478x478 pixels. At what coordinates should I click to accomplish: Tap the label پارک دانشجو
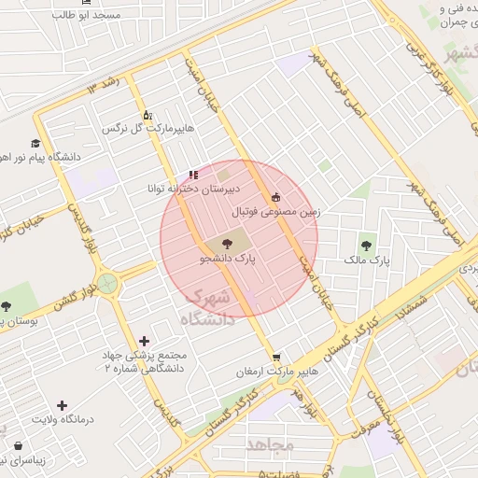click(x=228, y=254)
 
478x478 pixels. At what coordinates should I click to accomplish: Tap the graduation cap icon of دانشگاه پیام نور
click(x=35, y=144)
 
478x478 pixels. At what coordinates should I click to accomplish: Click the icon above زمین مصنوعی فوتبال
click(x=275, y=197)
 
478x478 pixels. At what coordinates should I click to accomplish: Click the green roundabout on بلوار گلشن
click(x=108, y=280)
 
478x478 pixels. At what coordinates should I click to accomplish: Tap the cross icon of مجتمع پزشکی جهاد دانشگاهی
click(x=143, y=342)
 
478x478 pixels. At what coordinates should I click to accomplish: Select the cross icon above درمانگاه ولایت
click(x=62, y=405)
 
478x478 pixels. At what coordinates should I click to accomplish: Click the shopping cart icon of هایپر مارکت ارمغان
click(x=276, y=357)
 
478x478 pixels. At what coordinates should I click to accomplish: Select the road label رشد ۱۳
click(x=105, y=87)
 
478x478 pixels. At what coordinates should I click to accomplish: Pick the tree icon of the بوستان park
click(x=7, y=306)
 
